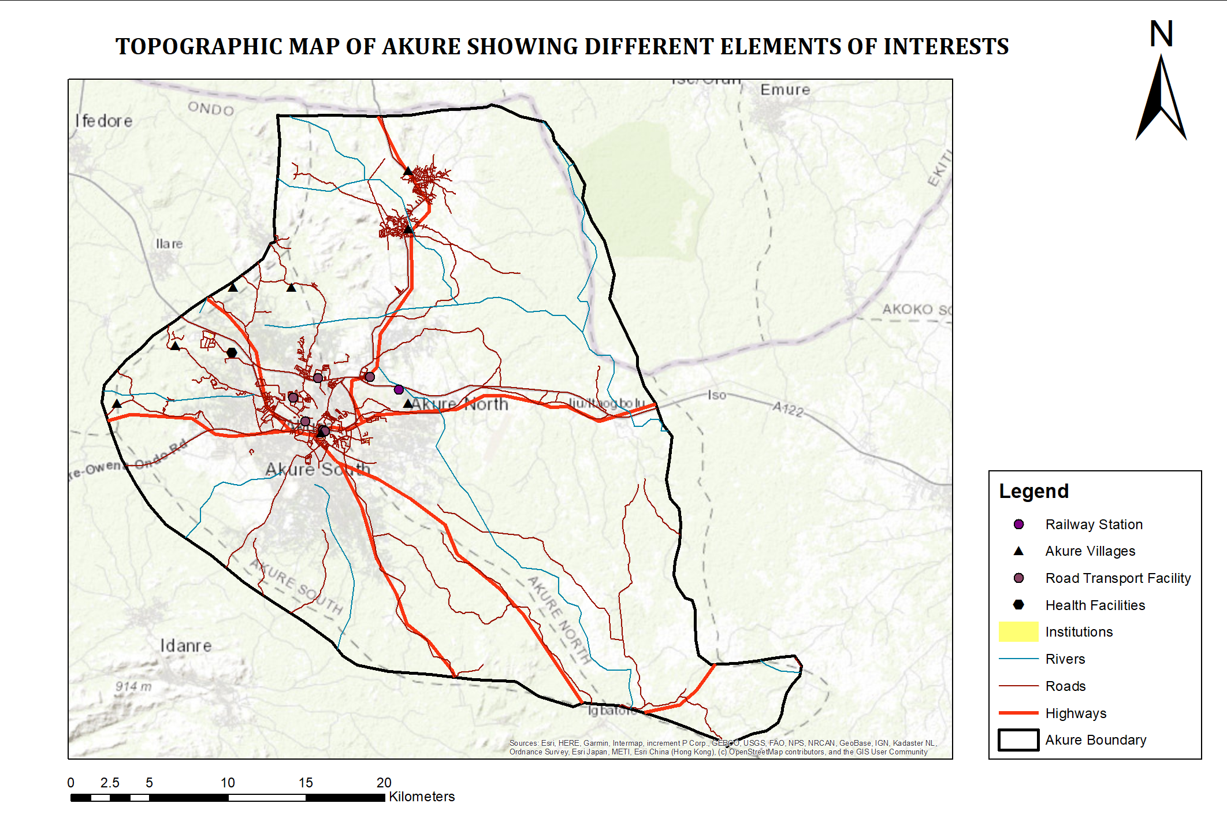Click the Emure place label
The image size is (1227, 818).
coord(784,90)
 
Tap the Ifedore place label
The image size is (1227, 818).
coord(104,121)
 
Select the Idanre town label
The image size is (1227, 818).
coord(186,645)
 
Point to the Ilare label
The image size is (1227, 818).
coord(169,244)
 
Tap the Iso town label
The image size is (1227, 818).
coord(716,395)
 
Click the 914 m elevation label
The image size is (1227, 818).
coord(133,686)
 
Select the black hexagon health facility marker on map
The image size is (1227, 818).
coord(232,352)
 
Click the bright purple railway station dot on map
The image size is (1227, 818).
coord(399,389)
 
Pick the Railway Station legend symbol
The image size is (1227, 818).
coord(1018,524)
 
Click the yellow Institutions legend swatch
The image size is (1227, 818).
coord(1018,631)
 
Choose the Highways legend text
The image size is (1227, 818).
coord(1076,713)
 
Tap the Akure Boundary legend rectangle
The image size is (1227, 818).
coord(1018,740)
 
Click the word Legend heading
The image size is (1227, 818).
coord(1033,491)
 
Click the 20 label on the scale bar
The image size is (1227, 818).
coord(384,783)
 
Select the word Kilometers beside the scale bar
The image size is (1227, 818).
coord(422,797)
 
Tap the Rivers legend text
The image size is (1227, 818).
coord(1065,659)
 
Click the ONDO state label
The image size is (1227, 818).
coord(211,109)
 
